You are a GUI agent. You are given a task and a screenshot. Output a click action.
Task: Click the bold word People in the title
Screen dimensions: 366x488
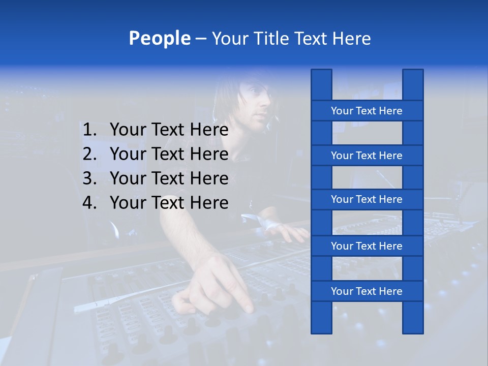click(x=159, y=38)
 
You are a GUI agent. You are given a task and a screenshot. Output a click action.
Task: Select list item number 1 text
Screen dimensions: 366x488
click(x=169, y=130)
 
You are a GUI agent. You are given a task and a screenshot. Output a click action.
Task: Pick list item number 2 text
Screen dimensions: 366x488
click(x=169, y=154)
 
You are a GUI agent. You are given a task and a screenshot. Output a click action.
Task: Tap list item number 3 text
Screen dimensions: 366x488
click(x=169, y=178)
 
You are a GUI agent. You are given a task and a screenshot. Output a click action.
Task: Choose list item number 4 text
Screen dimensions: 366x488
click(x=169, y=203)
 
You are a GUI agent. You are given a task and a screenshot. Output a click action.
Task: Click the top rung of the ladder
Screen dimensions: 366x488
click(x=367, y=111)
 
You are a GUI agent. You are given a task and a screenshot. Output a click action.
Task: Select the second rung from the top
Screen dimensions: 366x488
click(x=367, y=156)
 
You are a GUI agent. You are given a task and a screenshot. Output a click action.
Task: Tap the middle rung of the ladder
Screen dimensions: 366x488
click(x=367, y=199)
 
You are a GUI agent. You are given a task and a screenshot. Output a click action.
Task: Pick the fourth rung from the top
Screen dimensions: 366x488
click(x=367, y=246)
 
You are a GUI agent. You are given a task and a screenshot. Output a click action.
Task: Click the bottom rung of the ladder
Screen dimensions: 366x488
click(x=367, y=291)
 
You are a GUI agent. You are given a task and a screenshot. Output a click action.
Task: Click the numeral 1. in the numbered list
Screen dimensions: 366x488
click(x=89, y=130)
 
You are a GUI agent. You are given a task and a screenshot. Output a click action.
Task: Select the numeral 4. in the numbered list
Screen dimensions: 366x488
click(x=89, y=203)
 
